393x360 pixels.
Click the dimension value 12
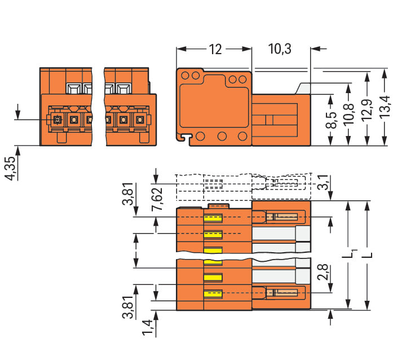215,50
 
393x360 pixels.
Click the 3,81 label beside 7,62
129,194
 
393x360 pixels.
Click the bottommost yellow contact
213,293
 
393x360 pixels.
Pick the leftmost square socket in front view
56,120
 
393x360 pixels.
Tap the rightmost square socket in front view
139,120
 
